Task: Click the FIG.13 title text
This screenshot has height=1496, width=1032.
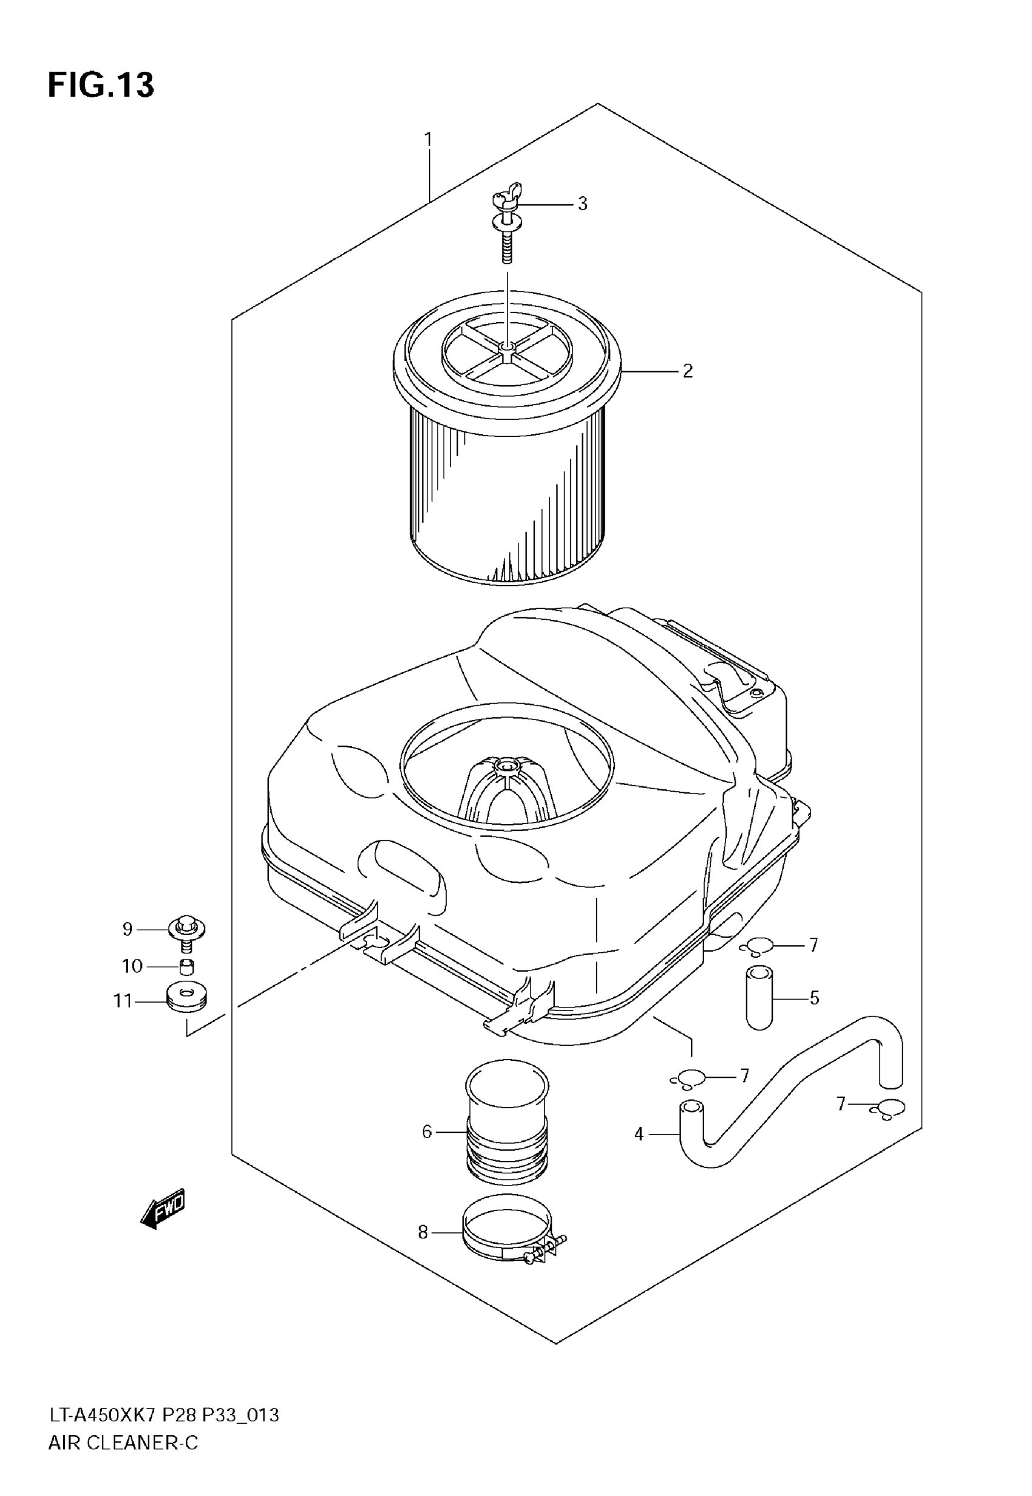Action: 101,84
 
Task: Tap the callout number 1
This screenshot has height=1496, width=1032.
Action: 428,139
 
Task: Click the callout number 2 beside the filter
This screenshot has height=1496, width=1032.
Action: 687,371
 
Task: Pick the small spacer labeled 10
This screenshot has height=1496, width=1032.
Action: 186,967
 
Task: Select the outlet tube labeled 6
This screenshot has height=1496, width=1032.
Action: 507,1124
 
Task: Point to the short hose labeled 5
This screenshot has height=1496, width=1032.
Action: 759,997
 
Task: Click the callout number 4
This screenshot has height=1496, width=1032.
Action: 639,1134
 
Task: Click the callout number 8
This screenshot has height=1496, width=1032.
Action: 423,1233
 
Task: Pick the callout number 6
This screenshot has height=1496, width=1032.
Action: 427,1131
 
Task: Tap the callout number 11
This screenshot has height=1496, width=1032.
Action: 122,1001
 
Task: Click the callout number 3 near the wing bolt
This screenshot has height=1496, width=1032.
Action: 583,204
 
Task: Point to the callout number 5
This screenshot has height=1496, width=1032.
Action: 814,998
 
